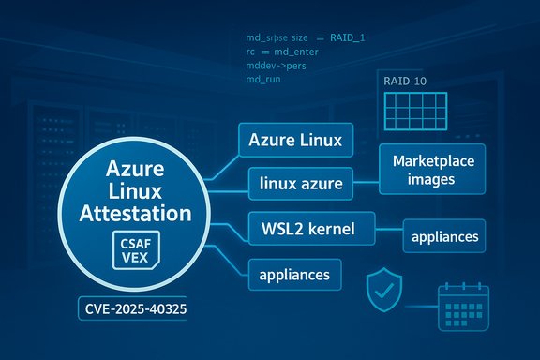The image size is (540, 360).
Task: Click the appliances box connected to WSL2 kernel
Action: pos(444,236)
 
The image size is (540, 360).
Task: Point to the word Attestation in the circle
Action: pos(137,213)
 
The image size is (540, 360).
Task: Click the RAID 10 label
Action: pos(405,82)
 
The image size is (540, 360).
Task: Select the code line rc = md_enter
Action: pos(281,52)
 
